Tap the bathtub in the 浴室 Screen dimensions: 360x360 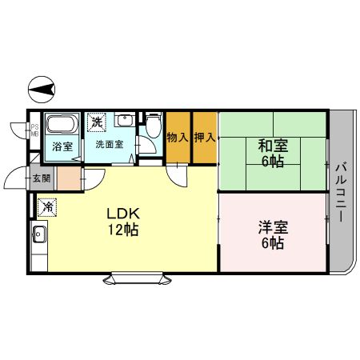pyautogui.click(x=61, y=126)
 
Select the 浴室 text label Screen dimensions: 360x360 pyautogui.click(x=62, y=147)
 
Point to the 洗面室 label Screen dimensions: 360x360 pyautogui.click(x=109, y=145)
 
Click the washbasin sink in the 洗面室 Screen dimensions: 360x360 pyautogui.click(x=125, y=121)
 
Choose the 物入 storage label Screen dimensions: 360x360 pyautogui.click(x=178, y=138)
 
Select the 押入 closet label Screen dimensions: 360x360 pyautogui.click(x=204, y=138)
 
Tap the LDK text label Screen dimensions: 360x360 pyautogui.click(x=124, y=214)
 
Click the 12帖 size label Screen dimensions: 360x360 pyautogui.click(x=124, y=230)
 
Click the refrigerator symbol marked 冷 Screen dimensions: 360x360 pyautogui.click(x=48, y=207)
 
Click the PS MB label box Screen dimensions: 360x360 pyautogui.click(x=35, y=130)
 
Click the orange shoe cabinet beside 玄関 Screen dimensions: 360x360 pyautogui.click(x=69, y=178)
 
